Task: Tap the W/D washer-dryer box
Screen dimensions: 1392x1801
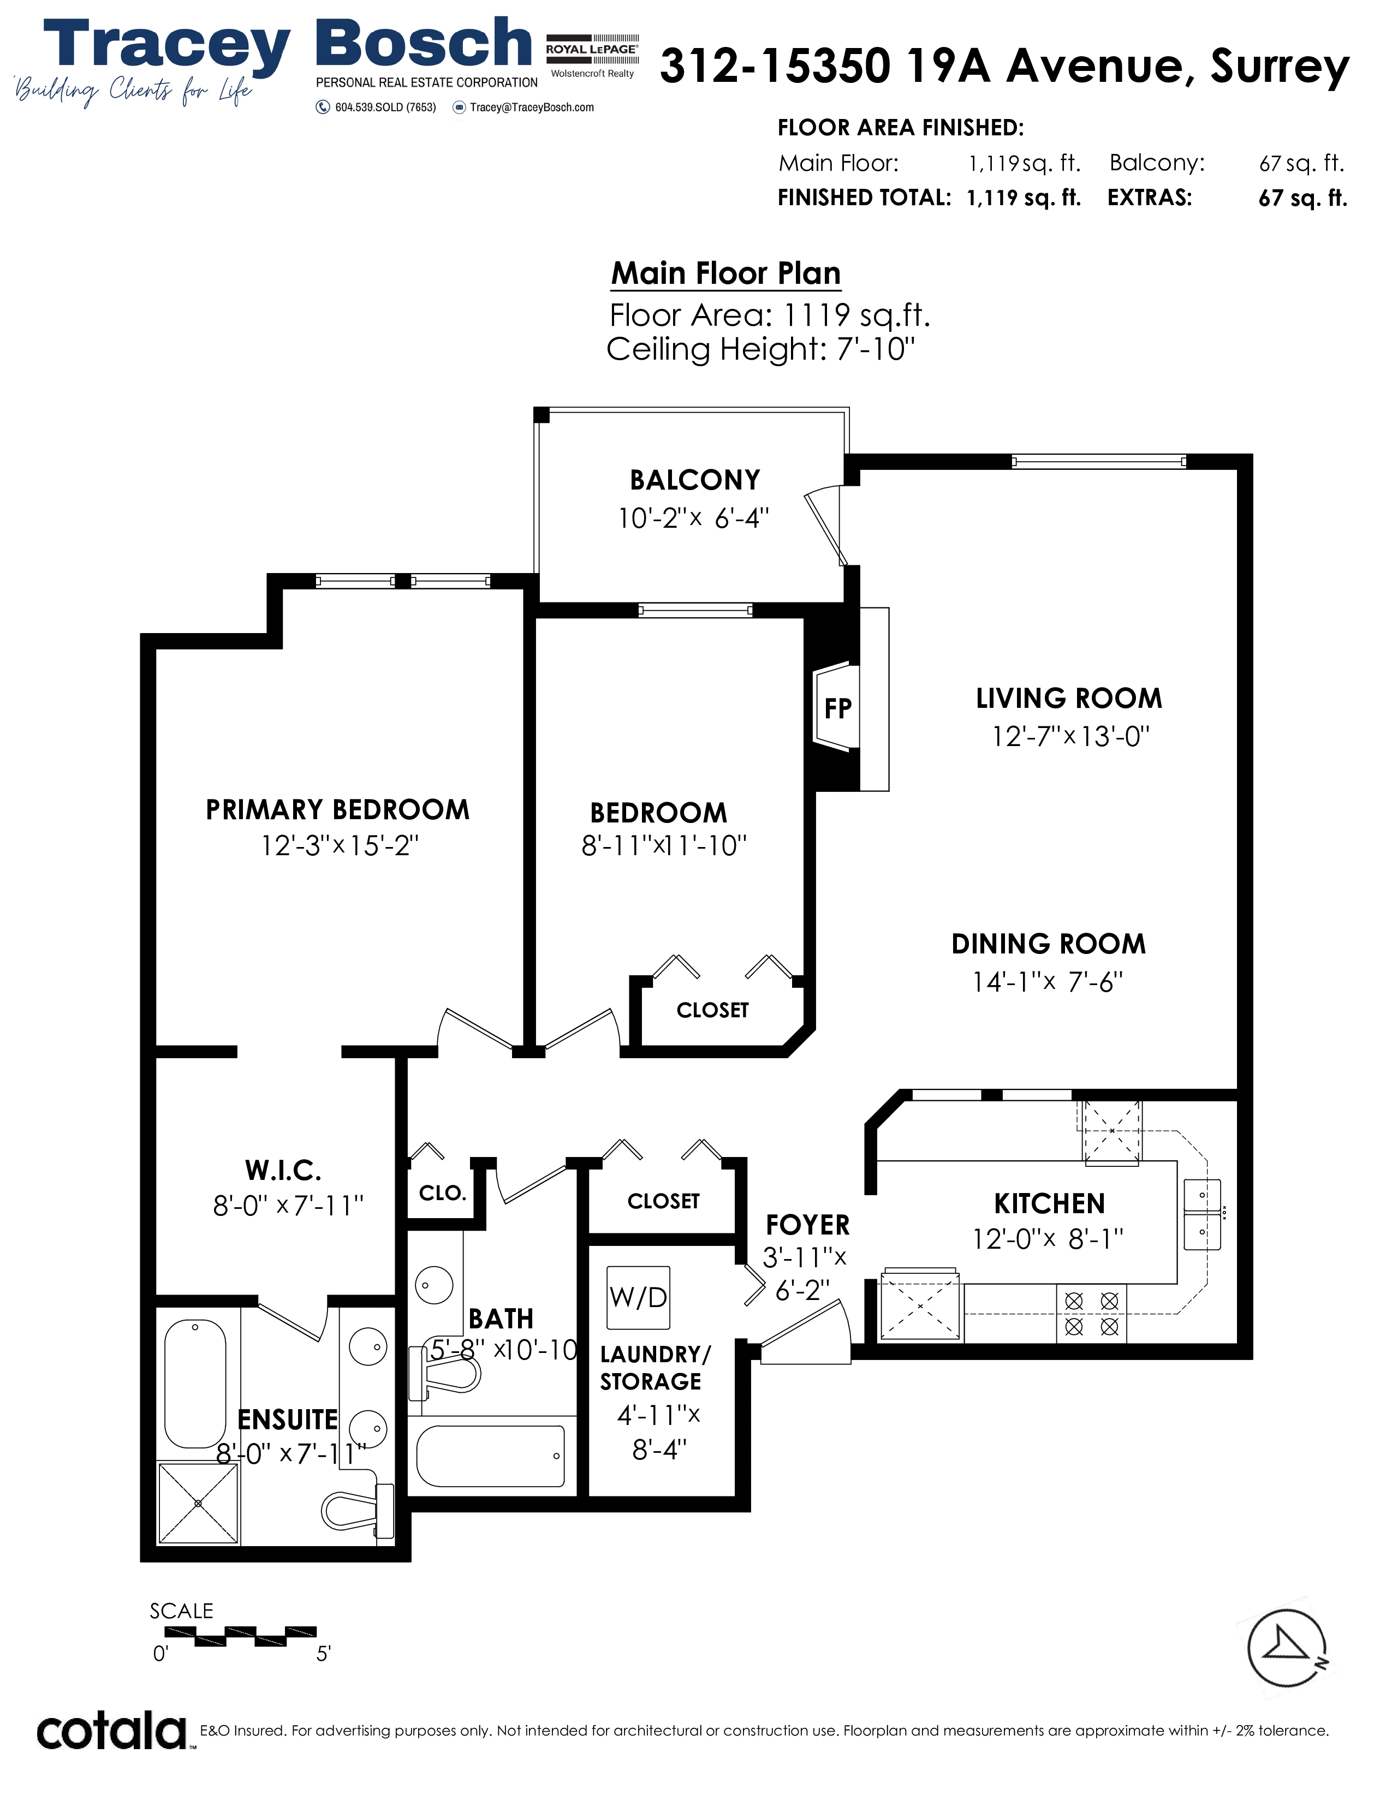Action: click(x=638, y=1297)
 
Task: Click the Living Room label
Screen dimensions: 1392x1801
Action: click(x=1069, y=699)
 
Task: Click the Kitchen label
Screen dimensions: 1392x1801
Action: click(x=1049, y=1204)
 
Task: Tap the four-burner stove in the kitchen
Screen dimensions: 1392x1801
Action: click(x=1091, y=1314)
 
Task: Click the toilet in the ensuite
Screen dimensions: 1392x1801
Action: click(x=357, y=1511)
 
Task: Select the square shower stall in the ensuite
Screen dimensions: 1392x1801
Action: click(x=199, y=1504)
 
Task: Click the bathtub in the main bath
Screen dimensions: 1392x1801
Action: click(x=491, y=1456)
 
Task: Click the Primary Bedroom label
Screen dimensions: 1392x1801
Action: click(x=337, y=810)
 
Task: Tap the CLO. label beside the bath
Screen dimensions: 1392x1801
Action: click(x=443, y=1193)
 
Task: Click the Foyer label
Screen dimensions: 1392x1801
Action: click(x=807, y=1225)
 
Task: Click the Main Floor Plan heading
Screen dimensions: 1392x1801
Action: click(x=725, y=273)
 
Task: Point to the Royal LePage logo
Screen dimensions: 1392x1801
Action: click(x=592, y=55)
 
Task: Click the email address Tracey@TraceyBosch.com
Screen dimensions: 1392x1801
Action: click(x=532, y=107)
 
